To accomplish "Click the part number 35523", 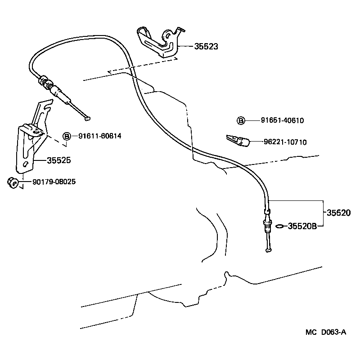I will pos(207,46).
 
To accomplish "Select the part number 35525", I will pos(58,160).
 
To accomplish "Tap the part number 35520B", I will pos(302,226).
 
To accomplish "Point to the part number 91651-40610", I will pos(282,120).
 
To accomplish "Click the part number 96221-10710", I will pos(285,142).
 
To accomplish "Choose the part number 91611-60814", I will pos(99,136).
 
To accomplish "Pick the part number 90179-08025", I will pos(54,182).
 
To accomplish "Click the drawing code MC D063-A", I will pos(325,332).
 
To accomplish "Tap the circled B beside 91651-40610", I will pos(241,120).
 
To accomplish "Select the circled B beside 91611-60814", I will pos(67,136).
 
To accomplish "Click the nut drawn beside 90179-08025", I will pos(13,183).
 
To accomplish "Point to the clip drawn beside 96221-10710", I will pos(237,140).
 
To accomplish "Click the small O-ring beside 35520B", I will pos(279,226).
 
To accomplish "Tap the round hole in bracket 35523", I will pos(167,34).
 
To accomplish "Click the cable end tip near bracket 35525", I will pos(87,119).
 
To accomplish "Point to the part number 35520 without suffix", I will pos(338,213).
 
